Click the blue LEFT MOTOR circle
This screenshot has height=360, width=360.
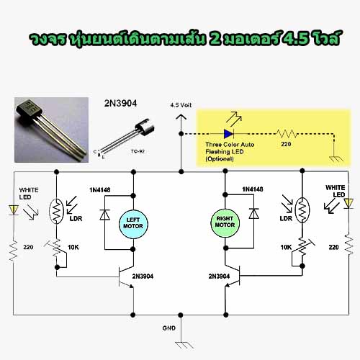pos(133,224)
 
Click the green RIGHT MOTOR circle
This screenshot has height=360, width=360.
pos(225,222)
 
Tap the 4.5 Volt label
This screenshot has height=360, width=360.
pos(181,105)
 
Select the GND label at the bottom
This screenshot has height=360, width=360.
pos(169,328)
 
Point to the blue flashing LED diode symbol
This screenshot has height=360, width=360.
pos(228,134)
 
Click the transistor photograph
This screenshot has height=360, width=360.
pos(51,130)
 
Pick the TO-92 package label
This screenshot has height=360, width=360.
pos(138,151)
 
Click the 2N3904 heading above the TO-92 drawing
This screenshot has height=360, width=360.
pos(120,103)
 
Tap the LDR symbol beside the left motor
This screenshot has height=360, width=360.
pos(56,211)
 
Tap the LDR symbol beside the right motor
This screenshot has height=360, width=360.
pos(302,210)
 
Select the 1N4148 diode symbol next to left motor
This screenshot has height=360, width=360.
pos(105,215)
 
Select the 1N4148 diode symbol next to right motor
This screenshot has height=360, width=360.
pos(253,213)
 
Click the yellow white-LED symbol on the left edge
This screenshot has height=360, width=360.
pos(14,210)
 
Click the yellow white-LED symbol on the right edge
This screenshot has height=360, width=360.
pos(348,204)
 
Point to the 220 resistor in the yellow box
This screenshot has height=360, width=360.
pos(287,133)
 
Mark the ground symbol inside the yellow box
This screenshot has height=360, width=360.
pos(336,159)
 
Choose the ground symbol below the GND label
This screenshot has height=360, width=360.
pos(184,345)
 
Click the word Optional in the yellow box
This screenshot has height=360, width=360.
pos(220,159)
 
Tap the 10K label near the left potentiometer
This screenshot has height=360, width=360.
pos(73,247)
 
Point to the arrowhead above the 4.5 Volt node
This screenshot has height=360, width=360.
pos(181,117)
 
